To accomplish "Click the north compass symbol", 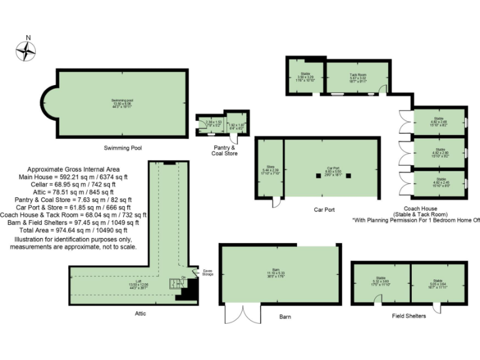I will [x=26, y=51].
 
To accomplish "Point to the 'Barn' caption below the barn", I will [x=285, y=317].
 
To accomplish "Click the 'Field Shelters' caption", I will [x=409, y=316].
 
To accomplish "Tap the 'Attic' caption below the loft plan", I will [x=140, y=313].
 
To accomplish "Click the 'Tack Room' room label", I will [x=357, y=76].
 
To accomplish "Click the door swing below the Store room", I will [x=276, y=201].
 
